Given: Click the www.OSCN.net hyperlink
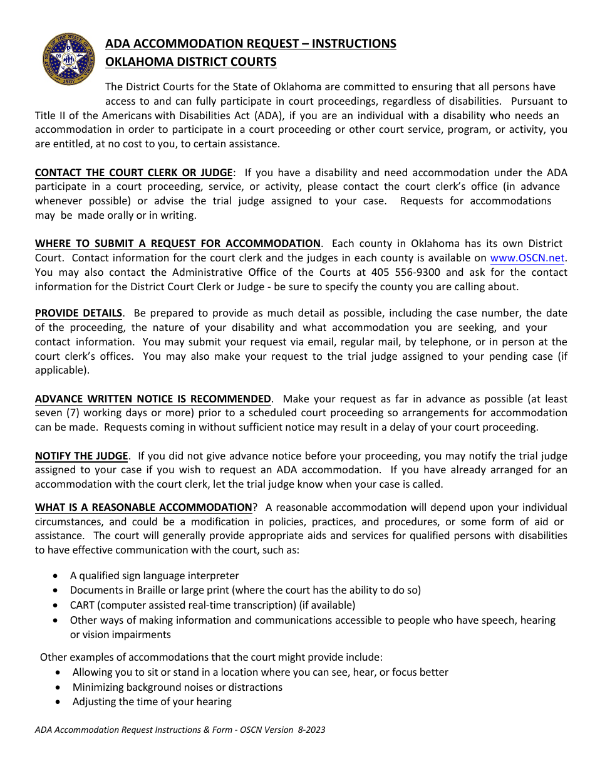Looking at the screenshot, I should (x=528, y=258).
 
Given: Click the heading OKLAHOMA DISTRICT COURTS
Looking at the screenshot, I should (x=190, y=61).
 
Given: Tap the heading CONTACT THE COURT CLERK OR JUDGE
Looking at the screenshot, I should (x=134, y=172).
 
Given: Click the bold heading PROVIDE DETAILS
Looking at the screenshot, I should (x=78, y=313).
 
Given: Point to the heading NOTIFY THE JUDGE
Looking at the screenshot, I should (x=81, y=456).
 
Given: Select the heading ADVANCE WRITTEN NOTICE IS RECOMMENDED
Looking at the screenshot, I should (x=153, y=399).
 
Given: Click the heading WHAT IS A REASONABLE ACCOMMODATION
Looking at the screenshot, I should (x=143, y=507).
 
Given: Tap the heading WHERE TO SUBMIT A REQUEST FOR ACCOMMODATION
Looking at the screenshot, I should (x=178, y=243).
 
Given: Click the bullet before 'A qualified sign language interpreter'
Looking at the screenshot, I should (x=57, y=575).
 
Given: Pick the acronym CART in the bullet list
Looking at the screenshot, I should (x=82, y=605).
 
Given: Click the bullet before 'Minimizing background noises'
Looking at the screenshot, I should (x=58, y=687).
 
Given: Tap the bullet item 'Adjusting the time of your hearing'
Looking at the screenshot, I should (x=152, y=701).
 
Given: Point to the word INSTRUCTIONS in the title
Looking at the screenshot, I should (x=354, y=44).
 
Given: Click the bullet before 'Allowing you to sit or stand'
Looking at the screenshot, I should (x=58, y=672).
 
